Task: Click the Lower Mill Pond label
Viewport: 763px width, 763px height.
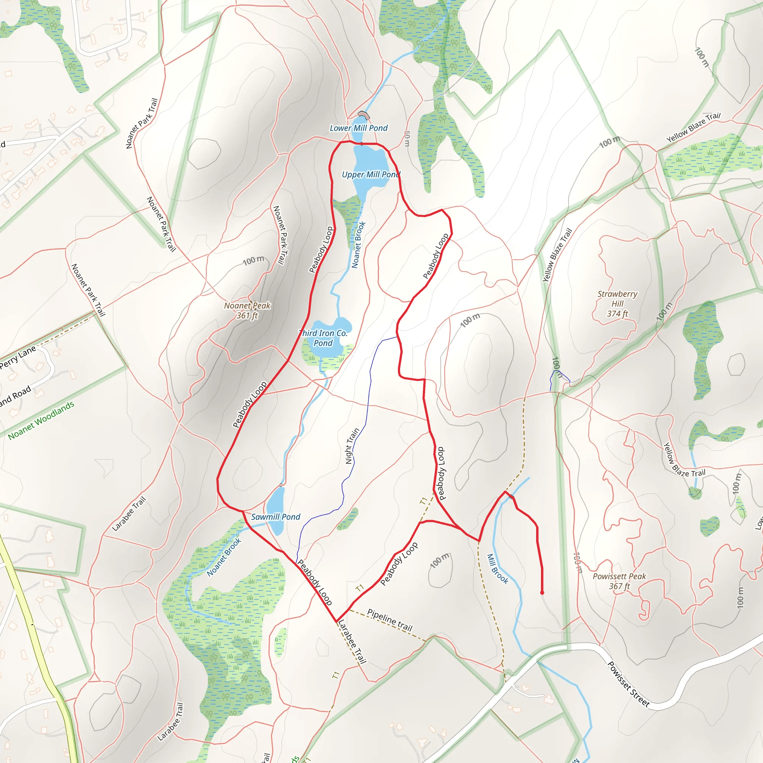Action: [359, 128]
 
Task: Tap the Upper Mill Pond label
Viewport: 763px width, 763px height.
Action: [370, 175]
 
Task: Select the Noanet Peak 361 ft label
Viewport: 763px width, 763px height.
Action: [247, 310]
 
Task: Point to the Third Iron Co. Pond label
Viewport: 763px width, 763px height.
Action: [323, 338]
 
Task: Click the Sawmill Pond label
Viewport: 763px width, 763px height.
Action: [276, 517]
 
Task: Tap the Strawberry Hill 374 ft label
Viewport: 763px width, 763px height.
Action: [617, 304]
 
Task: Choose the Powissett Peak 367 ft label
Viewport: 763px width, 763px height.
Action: [619, 581]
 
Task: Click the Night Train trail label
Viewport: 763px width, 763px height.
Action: [352, 446]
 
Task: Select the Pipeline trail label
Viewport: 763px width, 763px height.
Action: [390, 620]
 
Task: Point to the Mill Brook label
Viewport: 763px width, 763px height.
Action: [498, 569]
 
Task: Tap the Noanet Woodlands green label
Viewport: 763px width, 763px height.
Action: [41, 421]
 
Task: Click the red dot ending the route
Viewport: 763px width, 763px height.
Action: [542, 593]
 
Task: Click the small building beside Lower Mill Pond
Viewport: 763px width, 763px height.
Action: [363, 115]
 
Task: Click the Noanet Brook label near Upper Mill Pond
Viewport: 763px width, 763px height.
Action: [359, 245]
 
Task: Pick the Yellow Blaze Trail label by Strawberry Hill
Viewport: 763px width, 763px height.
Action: [557, 255]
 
